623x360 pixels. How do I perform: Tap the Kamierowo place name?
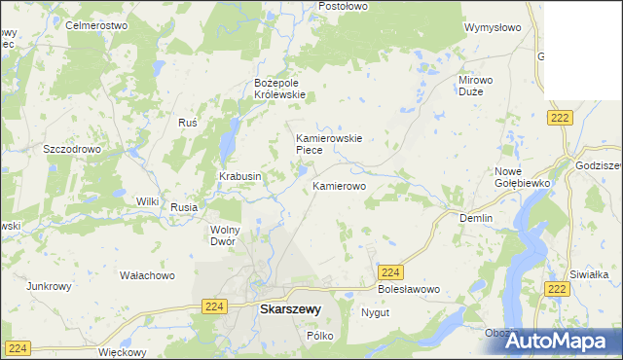[339, 184]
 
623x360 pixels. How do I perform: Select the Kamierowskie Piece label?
[329, 144]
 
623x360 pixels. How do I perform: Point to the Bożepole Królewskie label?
[279, 89]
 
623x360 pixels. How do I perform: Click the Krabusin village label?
[239, 176]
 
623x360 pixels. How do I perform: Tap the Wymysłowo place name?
[494, 28]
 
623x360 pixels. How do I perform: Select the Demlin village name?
[476, 218]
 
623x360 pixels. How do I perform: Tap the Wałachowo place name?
[147, 275]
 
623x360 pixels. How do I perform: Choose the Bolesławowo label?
[409, 290]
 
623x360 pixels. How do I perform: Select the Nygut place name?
[375, 313]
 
